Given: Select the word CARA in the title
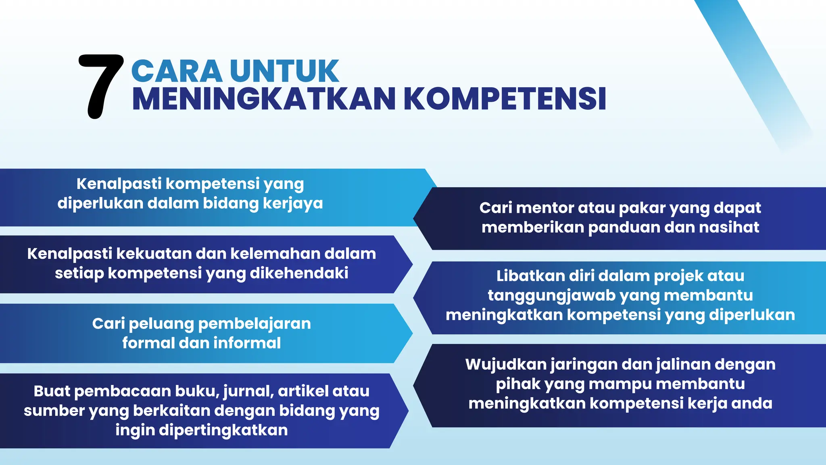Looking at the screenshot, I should point(176,71).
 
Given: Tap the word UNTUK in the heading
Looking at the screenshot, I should point(284,71).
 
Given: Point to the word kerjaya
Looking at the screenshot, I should point(293,203).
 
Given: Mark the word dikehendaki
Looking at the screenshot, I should point(299,273).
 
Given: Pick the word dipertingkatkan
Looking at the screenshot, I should point(223,430).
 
